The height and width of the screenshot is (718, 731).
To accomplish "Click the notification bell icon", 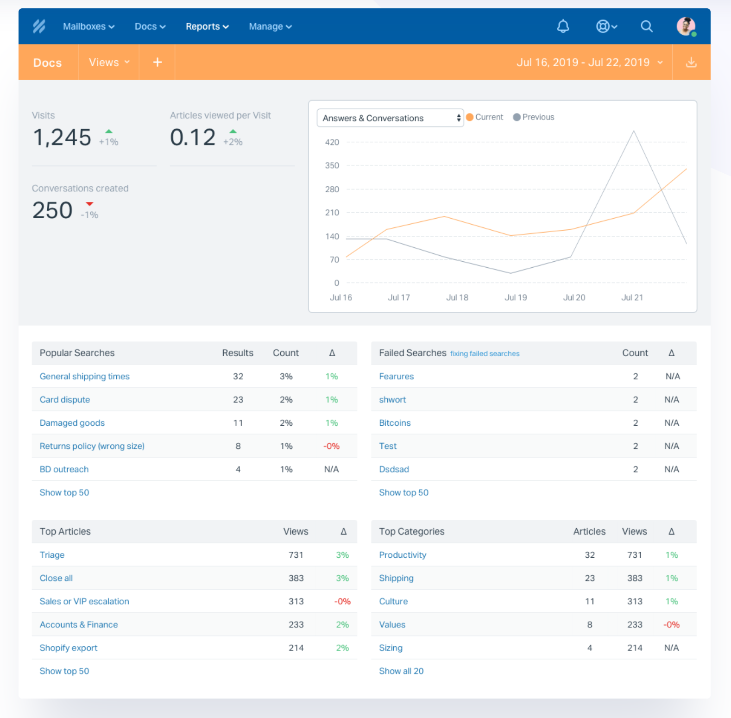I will click(x=563, y=26).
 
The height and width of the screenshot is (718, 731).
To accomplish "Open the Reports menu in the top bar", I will click(x=207, y=26).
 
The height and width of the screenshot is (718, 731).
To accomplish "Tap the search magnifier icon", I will click(x=647, y=26).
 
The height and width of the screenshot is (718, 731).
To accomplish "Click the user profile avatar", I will click(x=686, y=26).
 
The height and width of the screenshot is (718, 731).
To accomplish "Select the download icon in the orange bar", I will click(x=691, y=62).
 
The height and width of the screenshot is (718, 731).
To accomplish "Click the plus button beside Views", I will click(x=158, y=62).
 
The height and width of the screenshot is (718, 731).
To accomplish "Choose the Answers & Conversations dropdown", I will click(x=390, y=118).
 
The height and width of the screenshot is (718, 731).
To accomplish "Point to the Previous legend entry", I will click(x=534, y=117).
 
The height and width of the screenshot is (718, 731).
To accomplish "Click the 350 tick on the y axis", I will click(x=332, y=165).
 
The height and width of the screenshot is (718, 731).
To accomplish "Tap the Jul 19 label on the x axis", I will click(x=516, y=297).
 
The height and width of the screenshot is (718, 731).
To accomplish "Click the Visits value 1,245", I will click(x=62, y=138).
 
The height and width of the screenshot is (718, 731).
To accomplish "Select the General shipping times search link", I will click(x=85, y=377).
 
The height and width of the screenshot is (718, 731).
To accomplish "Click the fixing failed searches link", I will click(x=485, y=353).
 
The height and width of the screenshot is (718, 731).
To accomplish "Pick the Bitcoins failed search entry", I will click(x=395, y=423).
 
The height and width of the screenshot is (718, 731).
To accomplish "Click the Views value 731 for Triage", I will click(x=296, y=555).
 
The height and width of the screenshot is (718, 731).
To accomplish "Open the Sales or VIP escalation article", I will click(x=84, y=601).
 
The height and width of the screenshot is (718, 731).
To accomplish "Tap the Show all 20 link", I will click(x=401, y=671).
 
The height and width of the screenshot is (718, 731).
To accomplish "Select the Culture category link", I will click(x=393, y=601).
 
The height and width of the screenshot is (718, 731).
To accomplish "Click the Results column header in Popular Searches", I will click(x=238, y=353).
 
